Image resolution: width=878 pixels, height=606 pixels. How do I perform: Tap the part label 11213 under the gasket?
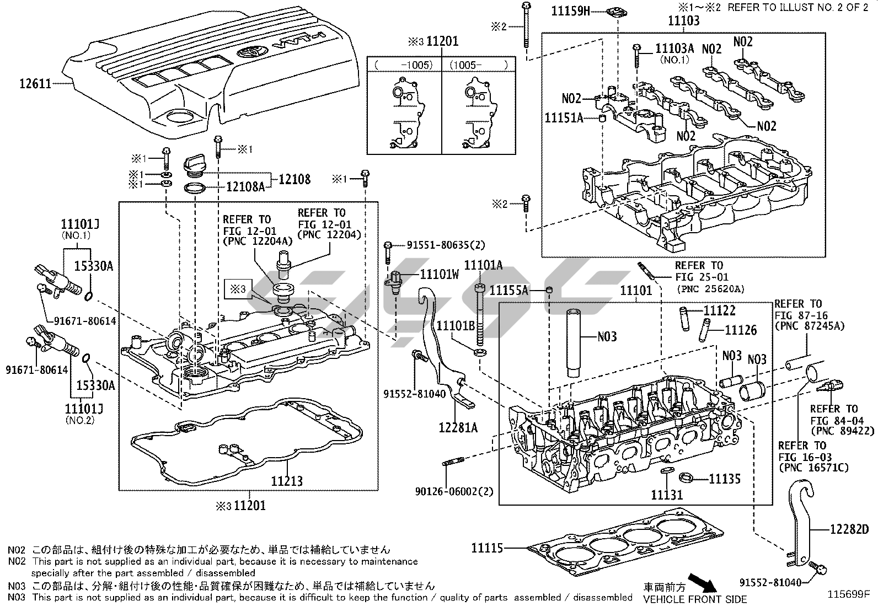pyautogui.click(x=286, y=481)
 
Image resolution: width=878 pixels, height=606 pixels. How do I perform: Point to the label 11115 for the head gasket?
pyautogui.click(x=487, y=548)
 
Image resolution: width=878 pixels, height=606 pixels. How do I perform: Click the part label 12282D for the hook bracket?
pyautogui.click(x=849, y=530)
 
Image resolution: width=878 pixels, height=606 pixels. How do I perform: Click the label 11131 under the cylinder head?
pyautogui.click(x=667, y=495)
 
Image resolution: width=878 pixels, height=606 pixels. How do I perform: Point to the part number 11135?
pyautogui.click(x=724, y=479)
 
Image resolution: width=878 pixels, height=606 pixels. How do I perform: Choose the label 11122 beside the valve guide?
pyautogui.click(x=719, y=310)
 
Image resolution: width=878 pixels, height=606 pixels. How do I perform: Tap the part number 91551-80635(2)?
pyautogui.click(x=438, y=245)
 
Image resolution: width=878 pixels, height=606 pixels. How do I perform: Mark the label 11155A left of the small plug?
pyautogui.click(x=509, y=289)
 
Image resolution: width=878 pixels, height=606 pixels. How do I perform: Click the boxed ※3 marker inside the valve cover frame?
pyautogui.click(x=238, y=289)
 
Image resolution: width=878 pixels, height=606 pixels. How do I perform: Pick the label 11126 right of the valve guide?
pyautogui.click(x=741, y=330)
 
